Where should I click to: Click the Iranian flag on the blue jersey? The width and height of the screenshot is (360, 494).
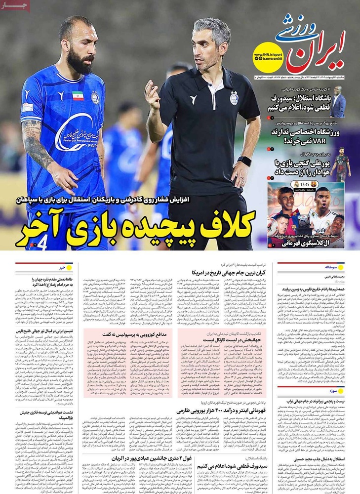coord(78,96)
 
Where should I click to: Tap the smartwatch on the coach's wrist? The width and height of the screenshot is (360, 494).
coord(244,162)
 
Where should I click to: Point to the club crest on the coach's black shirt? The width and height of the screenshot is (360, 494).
coord(234,98)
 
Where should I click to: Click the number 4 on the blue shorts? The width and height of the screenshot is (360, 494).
coord(43,243)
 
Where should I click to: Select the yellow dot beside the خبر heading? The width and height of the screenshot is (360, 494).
coord(69,267)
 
